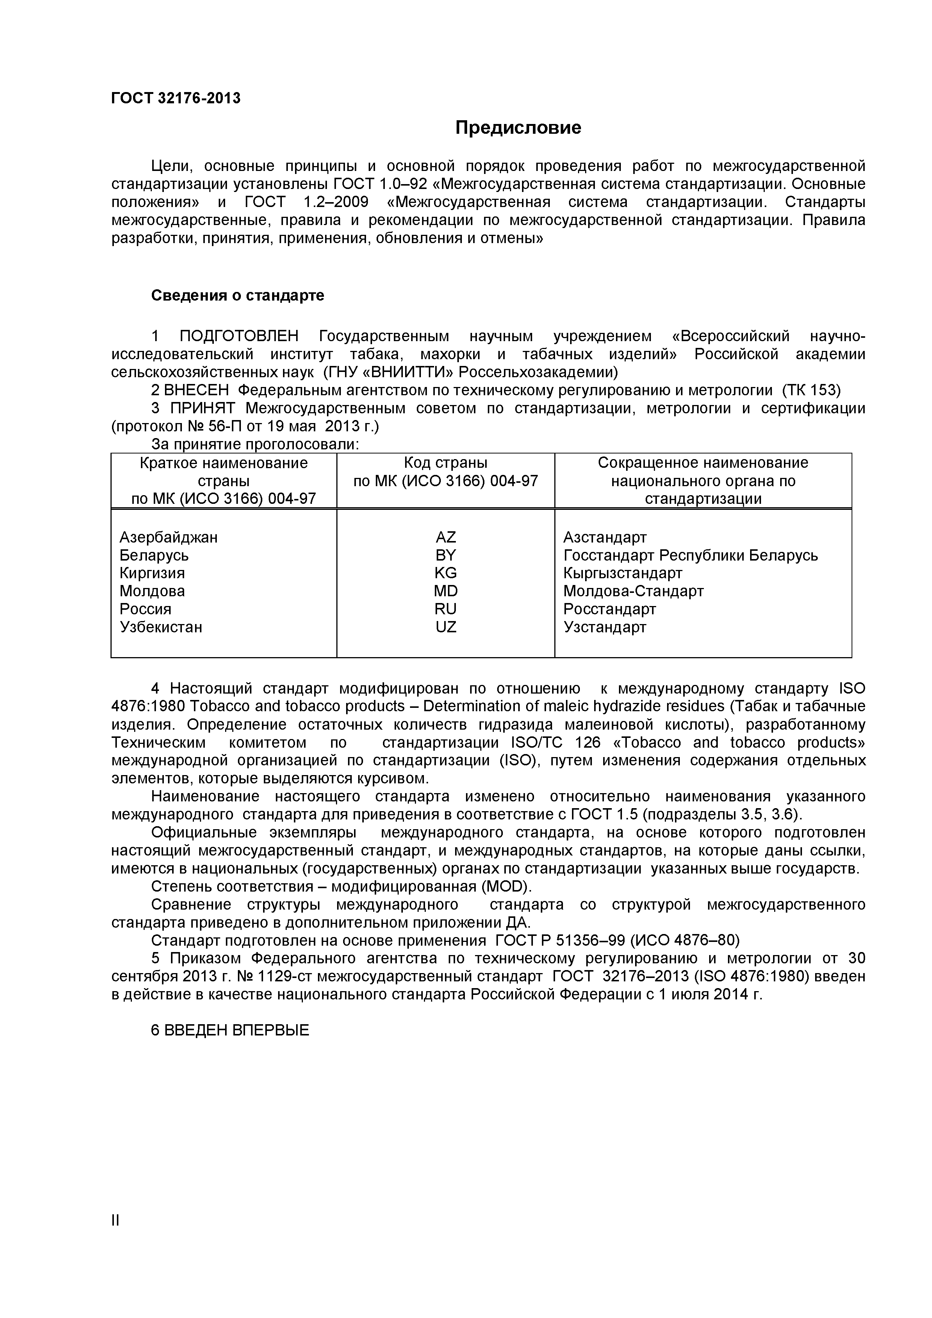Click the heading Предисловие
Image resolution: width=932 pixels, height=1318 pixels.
click(518, 127)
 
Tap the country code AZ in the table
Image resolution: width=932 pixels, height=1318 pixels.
click(446, 537)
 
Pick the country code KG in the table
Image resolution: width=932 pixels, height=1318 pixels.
click(446, 573)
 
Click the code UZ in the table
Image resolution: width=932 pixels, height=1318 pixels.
click(446, 627)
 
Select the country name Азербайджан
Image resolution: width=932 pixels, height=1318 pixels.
click(168, 537)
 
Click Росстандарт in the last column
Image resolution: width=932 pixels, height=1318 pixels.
click(609, 609)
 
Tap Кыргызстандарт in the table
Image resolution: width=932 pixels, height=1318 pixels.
click(622, 573)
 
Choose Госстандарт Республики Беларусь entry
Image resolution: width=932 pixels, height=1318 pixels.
click(690, 555)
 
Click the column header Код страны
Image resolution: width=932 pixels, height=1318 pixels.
click(446, 463)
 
